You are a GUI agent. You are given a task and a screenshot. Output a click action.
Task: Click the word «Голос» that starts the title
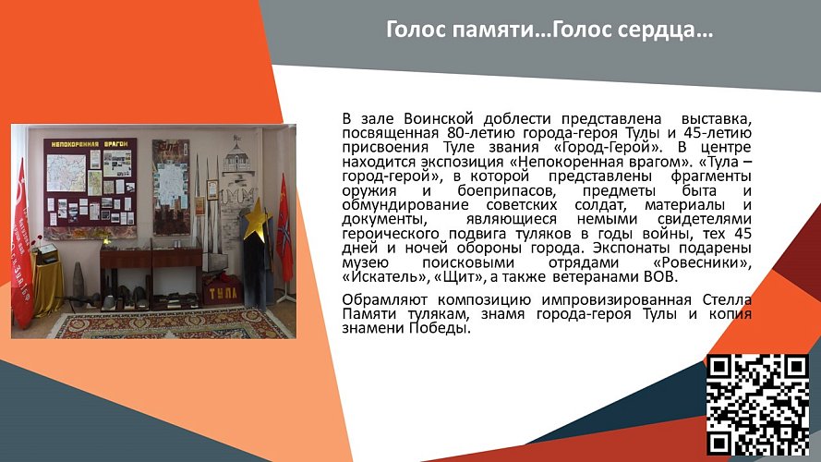[417, 31]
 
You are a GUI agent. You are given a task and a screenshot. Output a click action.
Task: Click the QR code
[757, 405]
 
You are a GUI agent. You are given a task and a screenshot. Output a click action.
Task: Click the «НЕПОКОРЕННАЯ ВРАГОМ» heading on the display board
[90, 145]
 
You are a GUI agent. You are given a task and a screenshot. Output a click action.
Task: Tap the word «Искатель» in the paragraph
[380, 275]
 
